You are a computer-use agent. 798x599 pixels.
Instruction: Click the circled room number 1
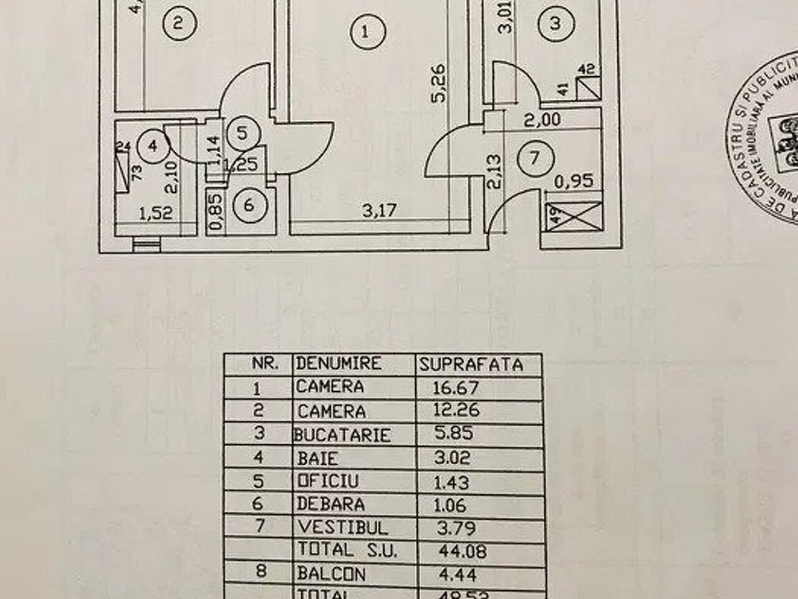(x=365, y=31)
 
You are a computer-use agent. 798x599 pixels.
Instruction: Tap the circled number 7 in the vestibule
(x=534, y=175)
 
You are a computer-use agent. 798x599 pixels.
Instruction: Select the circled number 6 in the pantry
(x=249, y=204)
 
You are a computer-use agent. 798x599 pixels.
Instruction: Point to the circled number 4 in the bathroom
(x=151, y=147)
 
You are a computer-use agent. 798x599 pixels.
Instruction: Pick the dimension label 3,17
(x=379, y=210)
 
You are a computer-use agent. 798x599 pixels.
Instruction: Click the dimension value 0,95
(x=574, y=183)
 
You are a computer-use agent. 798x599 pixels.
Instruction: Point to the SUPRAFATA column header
(x=471, y=364)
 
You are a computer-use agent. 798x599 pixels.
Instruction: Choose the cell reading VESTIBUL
(x=342, y=527)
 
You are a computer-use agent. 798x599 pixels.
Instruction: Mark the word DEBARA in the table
(x=330, y=504)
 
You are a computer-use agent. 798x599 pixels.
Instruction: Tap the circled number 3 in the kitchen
(x=556, y=23)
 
